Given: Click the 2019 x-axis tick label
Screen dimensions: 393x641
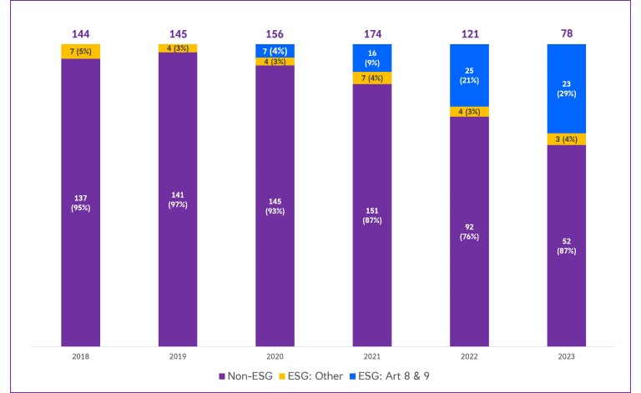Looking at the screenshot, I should pyautogui.click(x=178, y=356).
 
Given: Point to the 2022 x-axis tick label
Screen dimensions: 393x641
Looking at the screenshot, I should pyautogui.click(x=469, y=356).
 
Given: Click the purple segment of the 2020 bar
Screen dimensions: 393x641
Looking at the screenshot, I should pyautogui.click(x=275, y=250).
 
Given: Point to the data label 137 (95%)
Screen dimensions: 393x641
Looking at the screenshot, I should pyautogui.click(x=80, y=203).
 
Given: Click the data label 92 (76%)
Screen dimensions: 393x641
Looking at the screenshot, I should pyautogui.click(x=469, y=231).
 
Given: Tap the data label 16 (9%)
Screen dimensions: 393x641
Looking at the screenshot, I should pyautogui.click(x=371, y=57).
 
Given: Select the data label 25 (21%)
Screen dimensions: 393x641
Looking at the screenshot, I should pyautogui.click(x=469, y=75).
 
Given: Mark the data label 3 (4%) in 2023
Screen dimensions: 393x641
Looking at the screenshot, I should pyautogui.click(x=566, y=139).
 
